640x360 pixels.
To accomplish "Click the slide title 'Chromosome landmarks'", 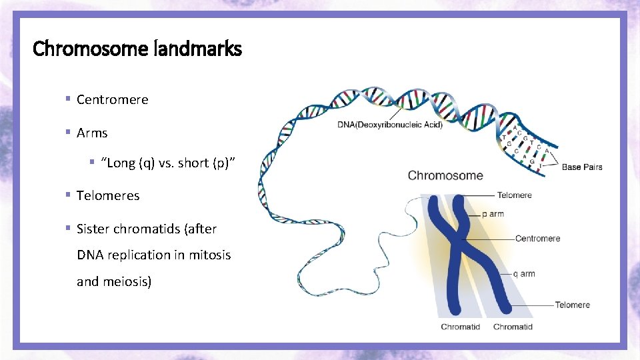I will pos(137,49).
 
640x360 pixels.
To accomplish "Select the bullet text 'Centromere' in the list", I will pos(112,99).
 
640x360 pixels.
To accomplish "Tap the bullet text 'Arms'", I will pos(92,133).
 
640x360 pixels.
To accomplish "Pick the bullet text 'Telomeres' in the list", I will pos(108,195).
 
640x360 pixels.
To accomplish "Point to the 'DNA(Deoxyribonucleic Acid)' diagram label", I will pos(390,125).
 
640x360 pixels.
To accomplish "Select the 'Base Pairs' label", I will pos(582,167).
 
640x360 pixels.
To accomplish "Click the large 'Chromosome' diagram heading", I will pos(445,176).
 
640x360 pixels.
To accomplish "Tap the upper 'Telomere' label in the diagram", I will pos(514,195).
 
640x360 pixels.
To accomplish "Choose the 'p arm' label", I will pos(493,214).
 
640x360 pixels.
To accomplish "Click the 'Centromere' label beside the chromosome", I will pos(537,238).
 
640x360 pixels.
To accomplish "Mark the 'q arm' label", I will pos(523,273).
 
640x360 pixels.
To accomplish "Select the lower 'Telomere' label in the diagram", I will pos(572,305).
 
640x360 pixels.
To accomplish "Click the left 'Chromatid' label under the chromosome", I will pos(460,327).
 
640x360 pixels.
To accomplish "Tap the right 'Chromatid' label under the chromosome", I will pos(513,327).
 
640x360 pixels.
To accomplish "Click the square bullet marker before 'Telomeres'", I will pos(68,195).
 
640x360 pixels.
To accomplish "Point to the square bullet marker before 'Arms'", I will pos(68,132).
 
